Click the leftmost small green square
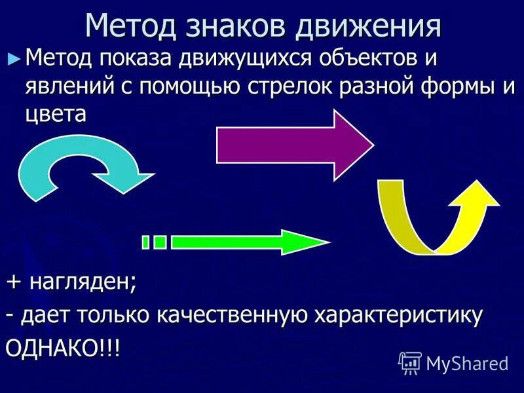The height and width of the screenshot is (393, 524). click(x=146, y=242)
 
